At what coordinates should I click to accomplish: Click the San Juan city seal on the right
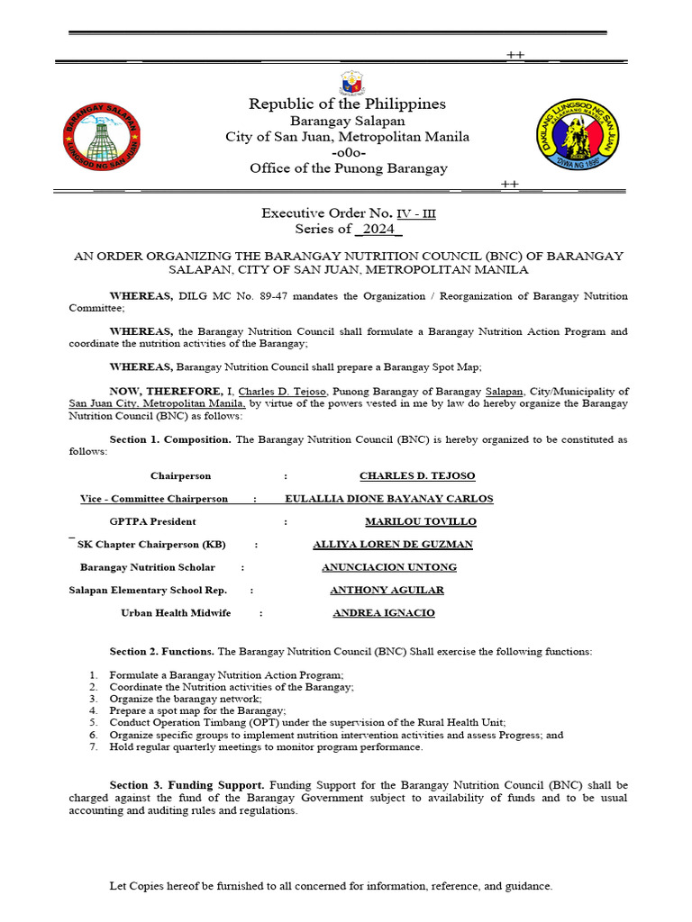tap(578, 136)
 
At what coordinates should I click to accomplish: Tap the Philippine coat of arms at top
tap(350, 83)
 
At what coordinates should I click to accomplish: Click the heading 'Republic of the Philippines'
tap(347, 104)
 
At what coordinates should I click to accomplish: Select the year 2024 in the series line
tap(378, 230)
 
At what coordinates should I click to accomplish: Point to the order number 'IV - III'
tap(416, 213)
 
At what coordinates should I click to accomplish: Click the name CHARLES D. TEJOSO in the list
tap(417, 475)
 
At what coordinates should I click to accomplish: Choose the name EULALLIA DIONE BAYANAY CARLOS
tap(388, 498)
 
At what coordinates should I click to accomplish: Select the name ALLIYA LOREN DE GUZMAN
tap(392, 544)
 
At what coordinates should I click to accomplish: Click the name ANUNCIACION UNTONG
tap(389, 567)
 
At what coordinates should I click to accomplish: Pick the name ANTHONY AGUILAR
tap(387, 590)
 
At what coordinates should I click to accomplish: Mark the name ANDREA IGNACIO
tap(384, 613)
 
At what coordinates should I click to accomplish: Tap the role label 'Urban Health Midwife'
tap(176, 613)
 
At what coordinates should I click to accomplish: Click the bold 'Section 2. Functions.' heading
tap(161, 651)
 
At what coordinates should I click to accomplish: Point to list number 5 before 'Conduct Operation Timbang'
tap(93, 722)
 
